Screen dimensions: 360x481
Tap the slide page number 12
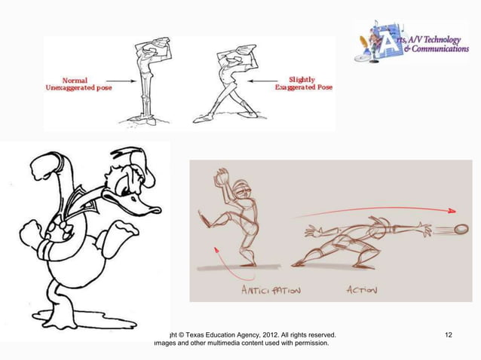point(449,334)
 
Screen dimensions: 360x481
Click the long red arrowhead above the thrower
point(450,210)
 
